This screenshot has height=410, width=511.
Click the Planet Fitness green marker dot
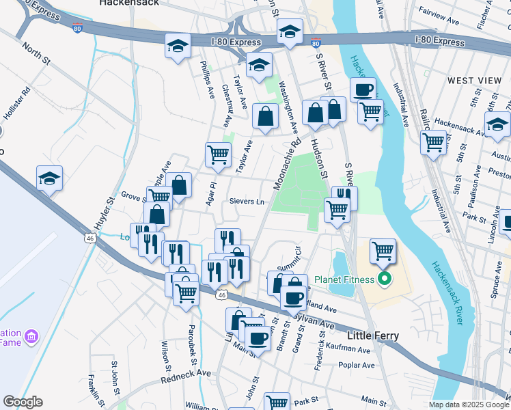point(384,279)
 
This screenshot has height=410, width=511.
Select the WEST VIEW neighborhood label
point(474,81)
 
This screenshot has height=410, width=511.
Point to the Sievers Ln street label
point(247,202)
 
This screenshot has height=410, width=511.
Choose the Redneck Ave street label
point(186,376)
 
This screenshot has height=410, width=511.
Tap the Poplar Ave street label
point(357,366)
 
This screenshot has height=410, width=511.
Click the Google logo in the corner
point(23,402)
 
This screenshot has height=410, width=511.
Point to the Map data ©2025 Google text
point(468,405)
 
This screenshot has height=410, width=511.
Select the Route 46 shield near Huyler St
point(89,238)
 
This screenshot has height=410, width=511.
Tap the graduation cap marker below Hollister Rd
point(50,178)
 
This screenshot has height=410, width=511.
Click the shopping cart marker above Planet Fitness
point(383,251)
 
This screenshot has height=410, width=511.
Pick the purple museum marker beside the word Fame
point(31,336)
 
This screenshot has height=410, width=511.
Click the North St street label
point(37,55)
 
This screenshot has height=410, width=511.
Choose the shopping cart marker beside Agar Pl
point(218,154)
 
